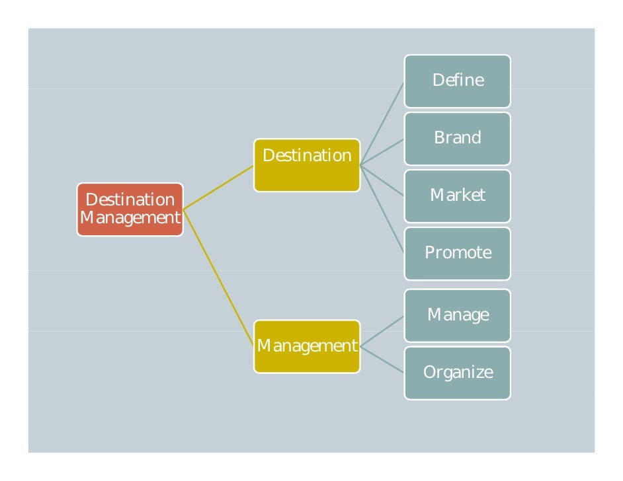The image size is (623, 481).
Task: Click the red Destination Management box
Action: pos(130,209)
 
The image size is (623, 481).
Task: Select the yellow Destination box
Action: pos(307,165)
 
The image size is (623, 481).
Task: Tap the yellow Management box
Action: pos(307,346)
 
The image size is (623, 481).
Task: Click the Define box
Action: pos(457,81)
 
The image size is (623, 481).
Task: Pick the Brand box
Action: pos(457,138)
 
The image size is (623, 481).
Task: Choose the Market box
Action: pos(457,196)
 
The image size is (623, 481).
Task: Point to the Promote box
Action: pos(457,253)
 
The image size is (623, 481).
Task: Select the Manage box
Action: pos(457,315)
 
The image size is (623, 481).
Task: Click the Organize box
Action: pos(457,373)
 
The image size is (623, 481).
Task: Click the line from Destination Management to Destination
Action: pos(218,188)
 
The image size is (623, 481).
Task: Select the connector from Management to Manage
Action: pos(382,330)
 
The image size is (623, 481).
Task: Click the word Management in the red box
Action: pos(130,218)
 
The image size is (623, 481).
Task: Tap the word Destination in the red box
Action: pos(130,200)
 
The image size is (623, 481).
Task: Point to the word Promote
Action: pos(458,253)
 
